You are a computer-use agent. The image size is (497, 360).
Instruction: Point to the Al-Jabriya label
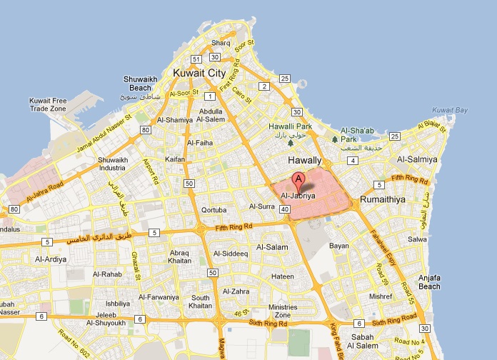tap(298, 194)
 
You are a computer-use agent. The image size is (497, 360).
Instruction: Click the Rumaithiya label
tap(383, 201)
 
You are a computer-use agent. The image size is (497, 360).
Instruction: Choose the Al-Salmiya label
tap(417, 160)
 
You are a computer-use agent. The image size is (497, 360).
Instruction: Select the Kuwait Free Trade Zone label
tap(48, 104)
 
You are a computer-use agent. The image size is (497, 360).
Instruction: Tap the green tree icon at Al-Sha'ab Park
tap(334, 139)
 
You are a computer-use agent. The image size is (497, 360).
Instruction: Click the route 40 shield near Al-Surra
tap(285, 209)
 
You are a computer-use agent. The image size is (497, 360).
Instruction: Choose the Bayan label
tap(339, 246)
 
